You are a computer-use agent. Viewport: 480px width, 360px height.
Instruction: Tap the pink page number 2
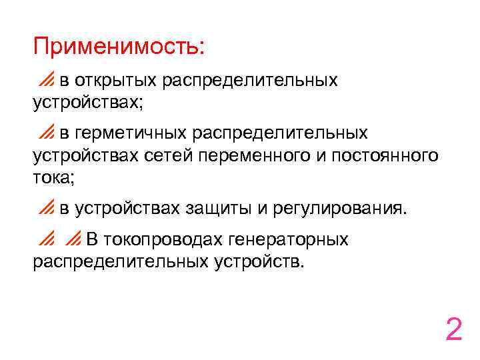click(453, 329)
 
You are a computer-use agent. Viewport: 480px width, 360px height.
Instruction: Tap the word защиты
click(217, 209)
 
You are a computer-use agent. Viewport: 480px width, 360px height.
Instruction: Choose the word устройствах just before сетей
click(85, 156)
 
